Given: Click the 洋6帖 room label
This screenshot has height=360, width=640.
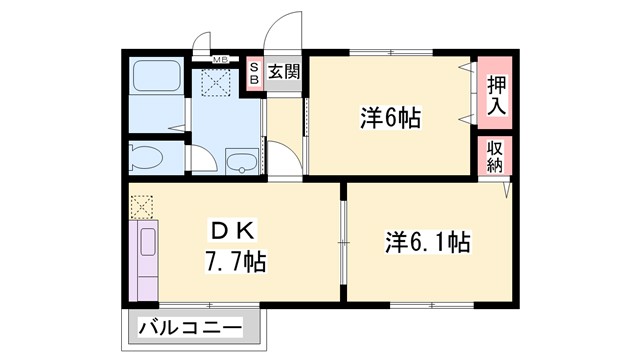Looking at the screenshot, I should click(x=390, y=118).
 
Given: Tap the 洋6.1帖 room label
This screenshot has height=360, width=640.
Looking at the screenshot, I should click(x=428, y=242).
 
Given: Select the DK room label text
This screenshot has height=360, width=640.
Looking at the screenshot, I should click(x=231, y=227).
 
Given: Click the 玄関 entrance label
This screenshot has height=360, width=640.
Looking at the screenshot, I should click(x=285, y=71).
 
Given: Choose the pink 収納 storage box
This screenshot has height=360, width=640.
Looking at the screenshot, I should click(x=494, y=156).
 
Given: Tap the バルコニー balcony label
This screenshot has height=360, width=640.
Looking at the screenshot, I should click(x=190, y=327).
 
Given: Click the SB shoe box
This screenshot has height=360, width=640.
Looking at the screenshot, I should click(x=254, y=73).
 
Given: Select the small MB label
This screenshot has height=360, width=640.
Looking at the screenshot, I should click(x=219, y=60).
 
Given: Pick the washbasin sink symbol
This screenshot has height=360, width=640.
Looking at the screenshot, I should click(x=241, y=161).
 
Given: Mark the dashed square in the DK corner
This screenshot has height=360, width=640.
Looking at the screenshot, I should click(x=141, y=205).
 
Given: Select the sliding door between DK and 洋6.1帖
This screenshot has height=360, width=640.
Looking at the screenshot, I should click(x=343, y=240).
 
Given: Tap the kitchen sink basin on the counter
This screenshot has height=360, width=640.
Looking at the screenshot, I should click(x=144, y=241).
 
